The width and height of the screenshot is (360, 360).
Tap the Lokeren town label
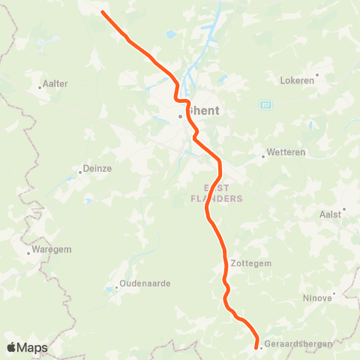[298, 80]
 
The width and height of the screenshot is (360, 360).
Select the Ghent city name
[204, 110]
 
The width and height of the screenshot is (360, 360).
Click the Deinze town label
[97, 169]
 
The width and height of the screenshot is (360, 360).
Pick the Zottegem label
[250, 264]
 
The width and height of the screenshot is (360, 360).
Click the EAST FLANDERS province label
[223, 193]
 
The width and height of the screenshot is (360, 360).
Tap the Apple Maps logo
[27, 347]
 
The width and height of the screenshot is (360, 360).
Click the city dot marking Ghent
[180, 116]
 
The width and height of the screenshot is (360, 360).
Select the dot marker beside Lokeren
[317, 74]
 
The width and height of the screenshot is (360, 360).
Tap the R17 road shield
[265, 104]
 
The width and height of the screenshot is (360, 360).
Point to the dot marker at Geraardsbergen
[259, 347]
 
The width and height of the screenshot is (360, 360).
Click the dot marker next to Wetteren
[263, 157]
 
